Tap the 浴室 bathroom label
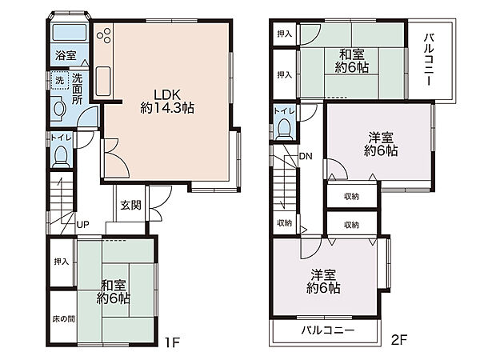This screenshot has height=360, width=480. coord(66,56)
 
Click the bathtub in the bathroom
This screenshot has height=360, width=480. coord(69,33)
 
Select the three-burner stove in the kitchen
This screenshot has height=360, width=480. coord(104,35)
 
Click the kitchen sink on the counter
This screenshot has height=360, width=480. coord(103,81)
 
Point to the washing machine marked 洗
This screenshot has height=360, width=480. coord(60,80)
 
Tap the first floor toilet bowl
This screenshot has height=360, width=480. coord(61,156)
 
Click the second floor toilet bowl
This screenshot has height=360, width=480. coord(283,129)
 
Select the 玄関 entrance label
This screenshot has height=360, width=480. coord(130,205)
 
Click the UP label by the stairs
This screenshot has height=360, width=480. coord(82,225)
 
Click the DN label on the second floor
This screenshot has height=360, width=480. coord(306,157)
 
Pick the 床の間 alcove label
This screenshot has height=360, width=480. coord(63,319)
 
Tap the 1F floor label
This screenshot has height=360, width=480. coord(172,342)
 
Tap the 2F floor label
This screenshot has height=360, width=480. coord(399,339)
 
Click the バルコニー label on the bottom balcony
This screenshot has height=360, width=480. coord(328,330)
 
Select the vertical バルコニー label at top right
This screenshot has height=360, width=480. coord(429,60)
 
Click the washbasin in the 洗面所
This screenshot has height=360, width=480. coord(58,108)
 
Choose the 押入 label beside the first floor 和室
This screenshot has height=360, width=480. coord(62,262)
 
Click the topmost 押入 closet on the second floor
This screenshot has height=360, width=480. coord(284,34)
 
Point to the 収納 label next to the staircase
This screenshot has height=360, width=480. coord(284,223)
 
